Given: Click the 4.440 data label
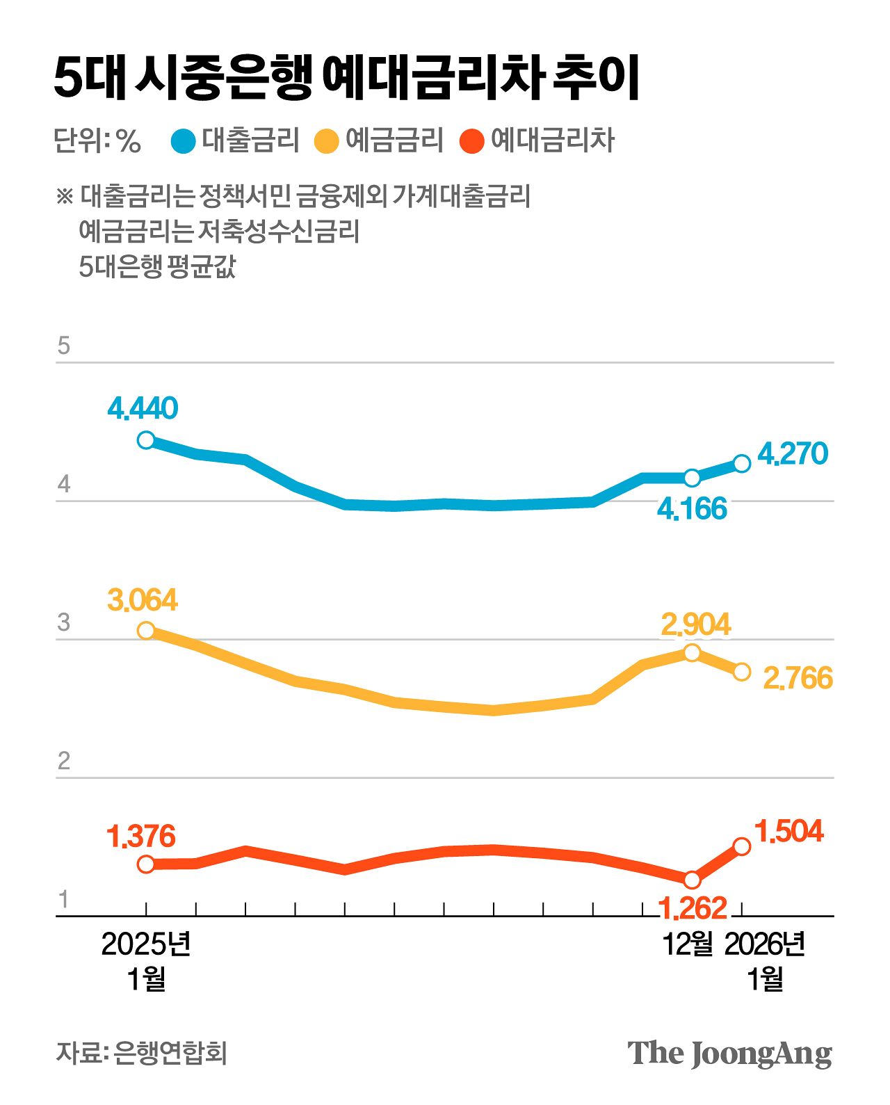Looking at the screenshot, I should [x=143, y=408].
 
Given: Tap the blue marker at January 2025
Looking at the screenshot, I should [x=146, y=440].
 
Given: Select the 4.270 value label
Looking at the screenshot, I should [x=793, y=453].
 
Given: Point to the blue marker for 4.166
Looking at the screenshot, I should [x=692, y=478].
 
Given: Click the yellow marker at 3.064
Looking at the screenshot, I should [x=146, y=631].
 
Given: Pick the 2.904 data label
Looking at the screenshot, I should [x=695, y=624].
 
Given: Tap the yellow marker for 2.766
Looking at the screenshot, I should [x=742, y=672].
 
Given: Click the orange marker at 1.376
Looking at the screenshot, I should [x=146, y=864].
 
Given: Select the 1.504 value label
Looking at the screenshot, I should [x=788, y=831].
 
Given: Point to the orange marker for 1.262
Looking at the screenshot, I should [x=692, y=880].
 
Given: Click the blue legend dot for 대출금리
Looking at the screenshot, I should [x=184, y=141].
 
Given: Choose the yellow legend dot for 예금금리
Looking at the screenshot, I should [x=326, y=141].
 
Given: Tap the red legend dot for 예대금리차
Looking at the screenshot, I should [x=472, y=141].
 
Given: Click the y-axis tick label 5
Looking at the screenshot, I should [x=64, y=346].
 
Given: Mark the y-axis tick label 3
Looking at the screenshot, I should [x=64, y=622].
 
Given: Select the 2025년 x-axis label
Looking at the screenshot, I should [x=146, y=944].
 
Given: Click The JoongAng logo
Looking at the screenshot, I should [x=729, y=1054].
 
